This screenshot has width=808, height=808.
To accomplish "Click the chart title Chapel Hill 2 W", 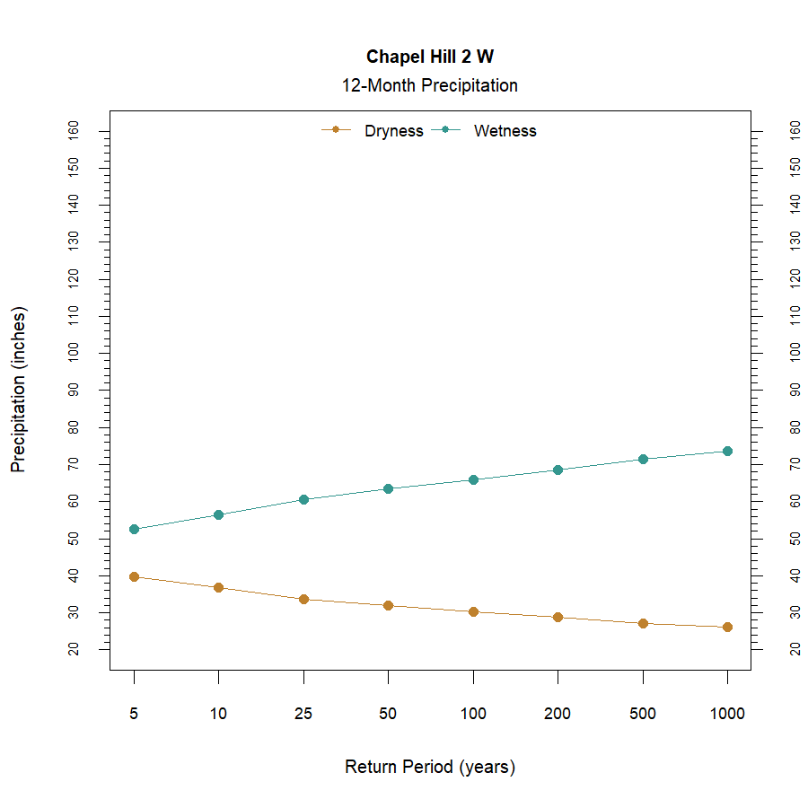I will point(429,57).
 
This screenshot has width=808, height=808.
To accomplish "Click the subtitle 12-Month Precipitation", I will point(429,86).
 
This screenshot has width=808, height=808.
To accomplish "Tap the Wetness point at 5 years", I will point(134,530).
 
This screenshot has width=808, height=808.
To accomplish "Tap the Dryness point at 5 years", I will point(134,576).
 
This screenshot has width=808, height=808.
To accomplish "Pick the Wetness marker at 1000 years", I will point(727,451).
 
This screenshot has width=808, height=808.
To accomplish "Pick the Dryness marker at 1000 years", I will point(727,627).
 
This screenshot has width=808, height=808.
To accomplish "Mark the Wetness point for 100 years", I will point(473,479).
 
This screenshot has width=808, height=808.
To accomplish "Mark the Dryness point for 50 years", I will point(388,605).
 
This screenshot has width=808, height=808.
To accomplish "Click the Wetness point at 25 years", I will point(303,499).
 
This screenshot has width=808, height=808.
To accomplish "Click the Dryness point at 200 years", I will point(558,617).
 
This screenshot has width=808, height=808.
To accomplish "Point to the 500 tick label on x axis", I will point(642,715).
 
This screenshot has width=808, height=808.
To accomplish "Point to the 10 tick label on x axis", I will point(218,715).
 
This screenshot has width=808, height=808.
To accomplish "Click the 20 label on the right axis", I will point(795,648).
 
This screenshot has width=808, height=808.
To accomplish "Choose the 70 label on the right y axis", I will point(795,464).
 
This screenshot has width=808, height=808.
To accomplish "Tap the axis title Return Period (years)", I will point(429,768).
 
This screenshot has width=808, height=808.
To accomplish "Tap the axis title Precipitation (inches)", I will point(19,390).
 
